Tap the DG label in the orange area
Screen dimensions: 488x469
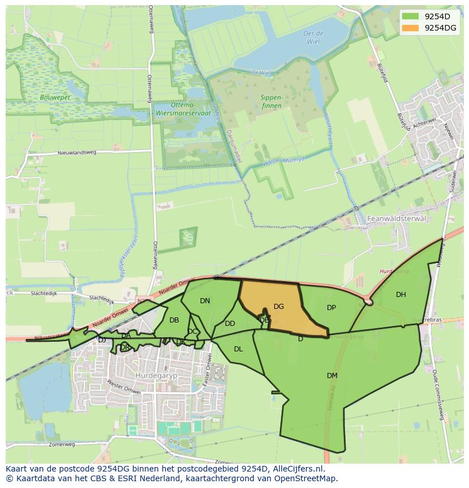pyautogui.click(x=279, y=307)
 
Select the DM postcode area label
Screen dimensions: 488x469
pyautogui.click(x=332, y=376)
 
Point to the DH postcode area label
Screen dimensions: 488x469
pyautogui.click(x=401, y=295)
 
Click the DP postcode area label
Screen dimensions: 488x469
pyautogui.click(x=331, y=308)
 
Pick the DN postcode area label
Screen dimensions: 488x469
pyautogui.click(x=205, y=301)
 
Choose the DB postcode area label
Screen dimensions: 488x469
pyautogui.click(x=174, y=320)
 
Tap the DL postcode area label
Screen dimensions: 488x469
pyautogui.click(x=238, y=349)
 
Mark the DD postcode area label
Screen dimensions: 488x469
pyautogui.click(x=230, y=324)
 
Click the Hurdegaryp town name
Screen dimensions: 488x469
pyautogui.click(x=153, y=375)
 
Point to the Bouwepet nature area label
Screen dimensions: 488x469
pyautogui.click(x=54, y=97)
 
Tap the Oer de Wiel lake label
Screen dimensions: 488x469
pyautogui.click(x=313, y=37)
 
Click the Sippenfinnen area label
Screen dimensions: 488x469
pyautogui.click(x=271, y=101)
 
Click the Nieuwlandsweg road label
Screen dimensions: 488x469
pyautogui.click(x=77, y=153)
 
